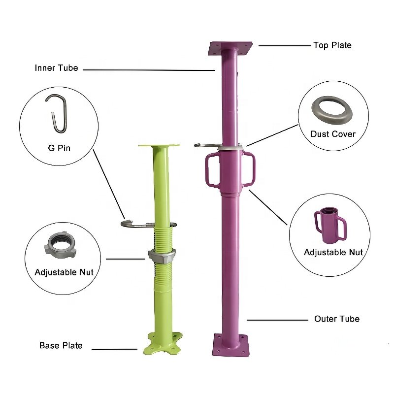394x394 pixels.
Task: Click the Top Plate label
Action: click(x=332, y=45)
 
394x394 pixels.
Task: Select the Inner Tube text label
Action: click(x=56, y=68)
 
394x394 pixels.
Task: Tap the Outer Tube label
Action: click(x=337, y=319)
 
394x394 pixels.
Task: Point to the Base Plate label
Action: click(x=61, y=346)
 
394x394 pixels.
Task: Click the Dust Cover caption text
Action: click(x=333, y=134)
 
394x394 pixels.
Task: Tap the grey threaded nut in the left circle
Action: click(x=60, y=245)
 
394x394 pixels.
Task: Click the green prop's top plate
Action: click(x=159, y=146)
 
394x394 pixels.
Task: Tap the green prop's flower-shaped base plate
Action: click(x=163, y=343)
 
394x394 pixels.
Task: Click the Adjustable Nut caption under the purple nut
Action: click(x=333, y=252)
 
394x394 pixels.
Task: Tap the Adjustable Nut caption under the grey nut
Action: click(x=64, y=272)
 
